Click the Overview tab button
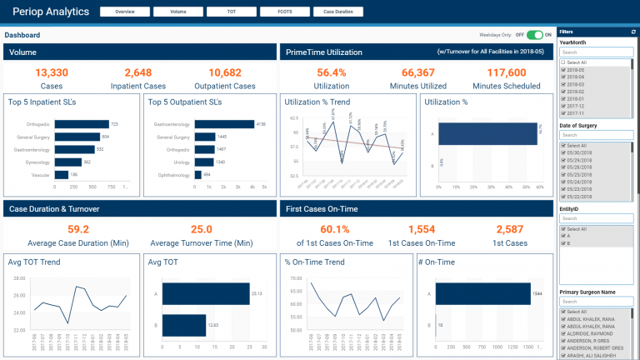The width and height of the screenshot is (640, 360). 125,12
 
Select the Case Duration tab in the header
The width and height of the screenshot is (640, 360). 338,12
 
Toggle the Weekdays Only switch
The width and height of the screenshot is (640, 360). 534,35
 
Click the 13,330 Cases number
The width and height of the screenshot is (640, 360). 52,73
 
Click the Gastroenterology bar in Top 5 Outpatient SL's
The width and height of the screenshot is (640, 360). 226,124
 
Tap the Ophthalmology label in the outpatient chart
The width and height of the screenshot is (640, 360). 173,175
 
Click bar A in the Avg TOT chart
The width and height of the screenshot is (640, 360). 206,293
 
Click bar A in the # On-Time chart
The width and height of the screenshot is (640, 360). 483,293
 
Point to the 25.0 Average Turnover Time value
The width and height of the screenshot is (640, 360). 202,229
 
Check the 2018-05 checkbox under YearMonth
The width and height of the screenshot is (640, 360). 562,69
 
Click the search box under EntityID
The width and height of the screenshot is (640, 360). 596,218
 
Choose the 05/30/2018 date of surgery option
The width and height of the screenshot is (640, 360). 562,152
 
